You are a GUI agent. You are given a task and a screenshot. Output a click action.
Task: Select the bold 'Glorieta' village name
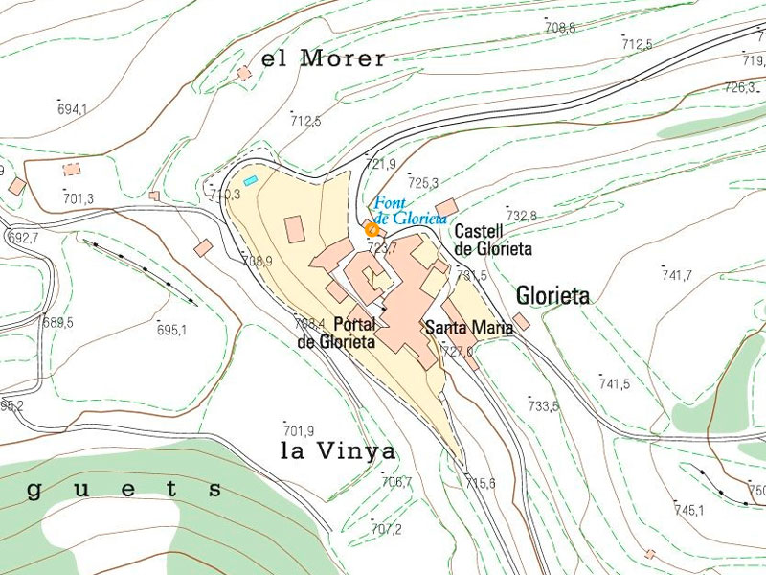552,295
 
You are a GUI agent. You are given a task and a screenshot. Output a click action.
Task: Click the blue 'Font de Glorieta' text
410,211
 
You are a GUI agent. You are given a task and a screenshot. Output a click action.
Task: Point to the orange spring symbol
372,228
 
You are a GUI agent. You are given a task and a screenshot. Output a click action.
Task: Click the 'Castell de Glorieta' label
492,240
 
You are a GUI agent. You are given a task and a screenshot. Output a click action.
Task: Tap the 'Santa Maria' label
468,328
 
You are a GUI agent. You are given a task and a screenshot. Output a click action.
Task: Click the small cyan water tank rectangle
251,180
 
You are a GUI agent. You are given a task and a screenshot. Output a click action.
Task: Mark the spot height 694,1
72,109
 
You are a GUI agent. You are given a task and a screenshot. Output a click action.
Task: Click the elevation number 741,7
676,275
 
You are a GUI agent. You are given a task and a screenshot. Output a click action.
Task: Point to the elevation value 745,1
688,510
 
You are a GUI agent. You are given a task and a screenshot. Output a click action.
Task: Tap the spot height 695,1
171,331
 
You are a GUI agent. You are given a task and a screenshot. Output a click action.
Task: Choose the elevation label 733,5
543,406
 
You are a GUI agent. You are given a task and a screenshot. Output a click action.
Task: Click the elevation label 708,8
560,29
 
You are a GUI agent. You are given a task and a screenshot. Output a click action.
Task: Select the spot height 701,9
299,430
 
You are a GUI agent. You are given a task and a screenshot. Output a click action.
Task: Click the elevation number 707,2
386,529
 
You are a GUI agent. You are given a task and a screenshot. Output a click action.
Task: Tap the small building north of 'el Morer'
244,73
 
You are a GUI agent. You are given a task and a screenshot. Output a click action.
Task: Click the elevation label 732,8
521,216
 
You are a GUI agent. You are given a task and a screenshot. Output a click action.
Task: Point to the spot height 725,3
422,182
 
